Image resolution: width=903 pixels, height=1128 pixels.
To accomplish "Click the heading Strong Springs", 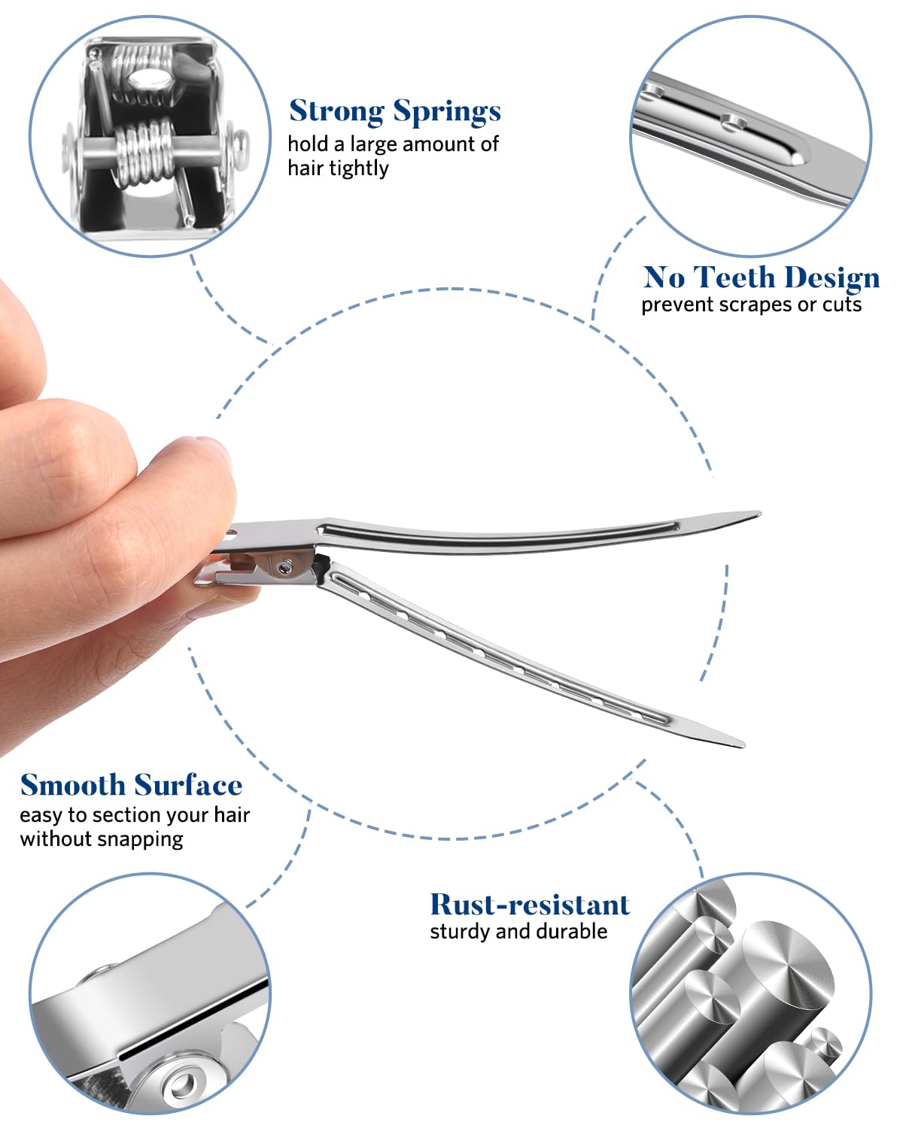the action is tap(394, 111).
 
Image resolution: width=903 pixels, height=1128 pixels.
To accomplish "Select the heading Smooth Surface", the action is tap(131, 784).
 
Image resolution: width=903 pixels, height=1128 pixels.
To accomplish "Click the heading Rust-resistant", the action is tap(530, 905).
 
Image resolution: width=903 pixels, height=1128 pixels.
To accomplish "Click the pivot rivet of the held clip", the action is tap(284, 567).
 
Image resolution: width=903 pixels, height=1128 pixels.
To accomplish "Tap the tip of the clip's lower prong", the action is tap(743, 744).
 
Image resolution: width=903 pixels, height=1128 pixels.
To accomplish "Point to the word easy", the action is tap(41, 816).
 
